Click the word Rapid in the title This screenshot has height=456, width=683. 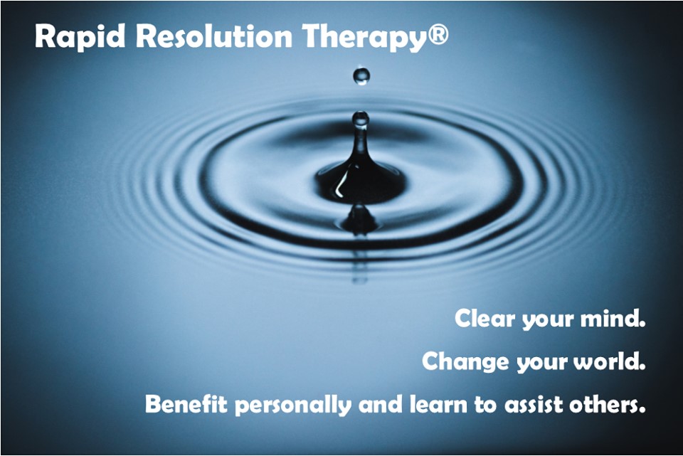pos(80,36)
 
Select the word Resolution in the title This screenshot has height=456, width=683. pos(214,36)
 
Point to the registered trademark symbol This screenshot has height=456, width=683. pos(438,34)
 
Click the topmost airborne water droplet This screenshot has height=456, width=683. pos(361,76)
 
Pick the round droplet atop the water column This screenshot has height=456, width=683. pos(361,119)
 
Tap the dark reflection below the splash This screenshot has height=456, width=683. pos(359,219)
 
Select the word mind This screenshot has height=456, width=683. pos(613,318)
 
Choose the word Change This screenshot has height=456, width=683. pos(465,361)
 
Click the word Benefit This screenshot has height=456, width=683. pos(186,404)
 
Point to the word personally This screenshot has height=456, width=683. pos(293,405)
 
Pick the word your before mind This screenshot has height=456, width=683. pos(548,320)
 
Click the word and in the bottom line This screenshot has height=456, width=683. pos(380,404)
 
